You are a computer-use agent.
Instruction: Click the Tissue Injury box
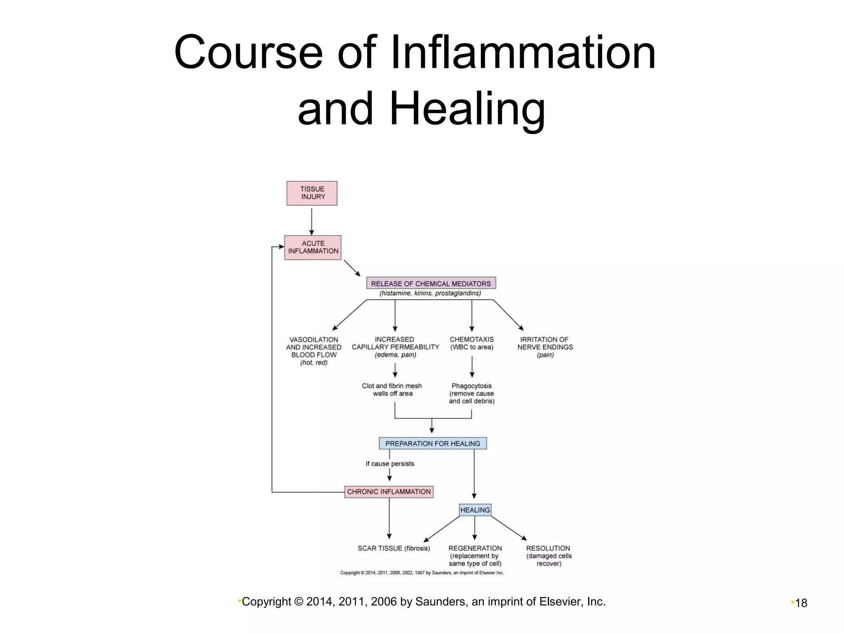312,193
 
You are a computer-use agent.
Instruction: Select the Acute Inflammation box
313,247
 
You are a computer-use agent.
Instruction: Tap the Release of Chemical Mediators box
431,284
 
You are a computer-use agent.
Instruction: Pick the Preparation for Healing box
433,443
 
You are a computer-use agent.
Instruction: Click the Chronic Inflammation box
389,492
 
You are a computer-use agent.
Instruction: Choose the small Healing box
475,510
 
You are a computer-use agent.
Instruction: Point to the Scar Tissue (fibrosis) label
394,548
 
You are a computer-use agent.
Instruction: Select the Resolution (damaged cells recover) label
549,556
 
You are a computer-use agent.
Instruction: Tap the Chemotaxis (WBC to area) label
472,343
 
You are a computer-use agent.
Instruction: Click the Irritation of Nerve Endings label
545,347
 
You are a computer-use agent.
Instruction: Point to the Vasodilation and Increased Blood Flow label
314,351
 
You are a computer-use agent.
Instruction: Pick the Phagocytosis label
472,393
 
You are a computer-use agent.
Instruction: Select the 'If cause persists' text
390,464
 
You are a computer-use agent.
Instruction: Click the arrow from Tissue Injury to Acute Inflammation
312,221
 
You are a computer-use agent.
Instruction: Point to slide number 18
801,603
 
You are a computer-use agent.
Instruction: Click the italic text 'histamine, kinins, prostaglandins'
430,293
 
